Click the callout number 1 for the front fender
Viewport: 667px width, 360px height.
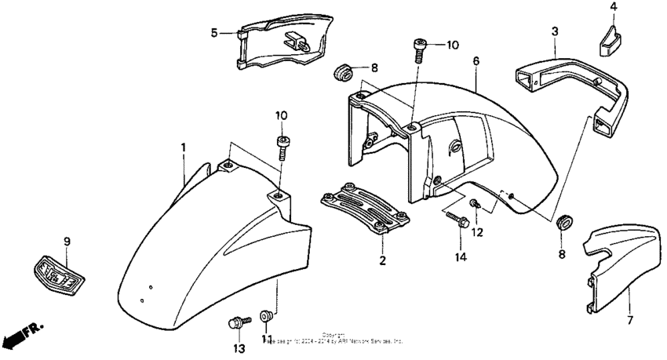184,147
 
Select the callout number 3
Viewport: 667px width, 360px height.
555,31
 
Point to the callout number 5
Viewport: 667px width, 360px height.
214,32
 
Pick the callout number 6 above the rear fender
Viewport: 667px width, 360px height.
476,60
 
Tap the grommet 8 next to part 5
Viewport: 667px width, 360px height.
342,71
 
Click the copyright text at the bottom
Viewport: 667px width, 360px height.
333,339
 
